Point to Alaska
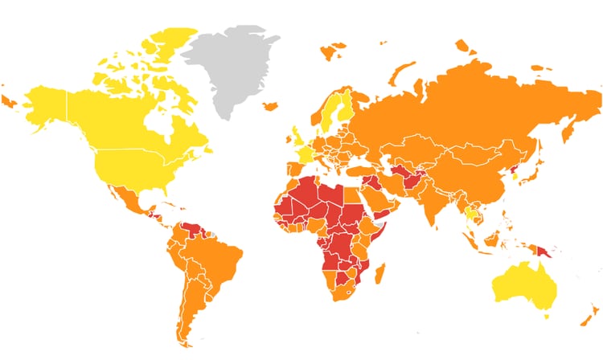44,104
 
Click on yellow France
303,152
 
